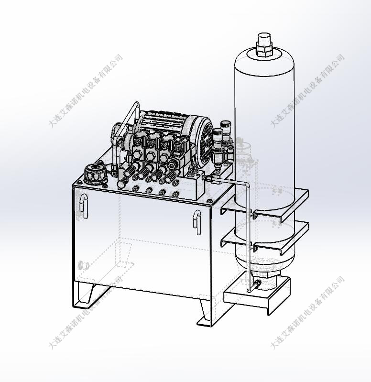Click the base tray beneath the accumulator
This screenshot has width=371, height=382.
point(258,295)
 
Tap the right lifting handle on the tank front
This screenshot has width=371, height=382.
point(197,222)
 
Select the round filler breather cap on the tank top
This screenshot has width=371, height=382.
point(95,174)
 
